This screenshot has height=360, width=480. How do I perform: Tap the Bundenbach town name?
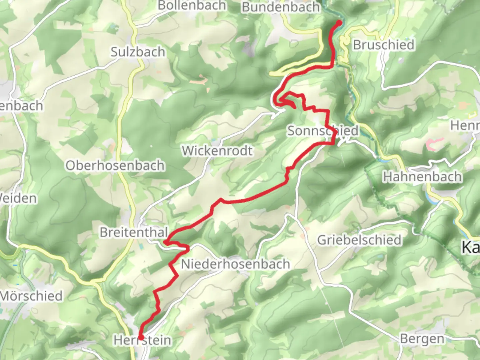(281, 7)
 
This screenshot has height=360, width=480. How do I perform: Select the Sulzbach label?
(138, 52)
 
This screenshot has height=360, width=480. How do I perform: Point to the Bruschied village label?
(384, 45)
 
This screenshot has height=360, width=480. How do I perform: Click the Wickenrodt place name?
(217, 151)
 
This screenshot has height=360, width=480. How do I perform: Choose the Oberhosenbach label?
(115, 165)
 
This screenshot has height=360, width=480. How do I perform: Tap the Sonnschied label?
(323, 131)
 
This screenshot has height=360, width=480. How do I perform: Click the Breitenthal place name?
(133, 232)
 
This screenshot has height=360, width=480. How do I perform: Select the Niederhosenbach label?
(235, 264)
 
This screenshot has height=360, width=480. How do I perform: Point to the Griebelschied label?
(359, 240)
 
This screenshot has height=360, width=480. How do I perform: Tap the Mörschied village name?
(32, 296)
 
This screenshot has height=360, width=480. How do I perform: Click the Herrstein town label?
(143, 340)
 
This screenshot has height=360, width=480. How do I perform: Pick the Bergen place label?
(422, 339)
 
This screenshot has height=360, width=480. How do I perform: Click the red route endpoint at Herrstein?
(141, 337)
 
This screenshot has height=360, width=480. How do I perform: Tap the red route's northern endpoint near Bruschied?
(339, 23)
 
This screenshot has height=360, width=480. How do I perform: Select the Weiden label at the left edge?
(18, 198)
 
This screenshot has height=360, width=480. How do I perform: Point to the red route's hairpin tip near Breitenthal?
(165, 242)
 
